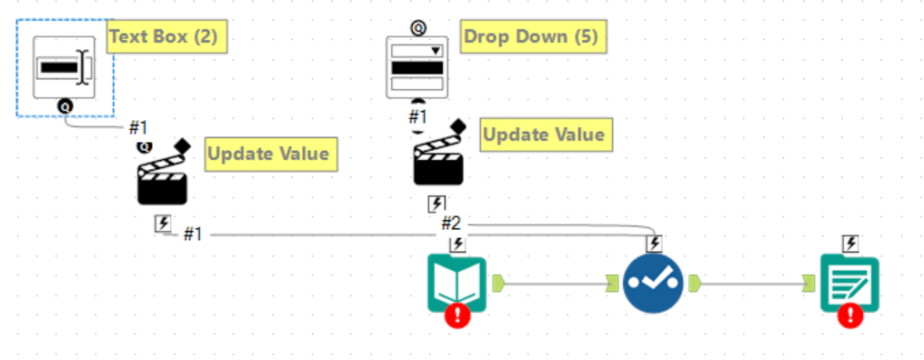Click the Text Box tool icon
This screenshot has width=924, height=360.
64,67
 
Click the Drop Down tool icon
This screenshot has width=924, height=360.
417,67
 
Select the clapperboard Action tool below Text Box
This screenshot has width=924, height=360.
163,178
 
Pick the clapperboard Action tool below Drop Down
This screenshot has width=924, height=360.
439,160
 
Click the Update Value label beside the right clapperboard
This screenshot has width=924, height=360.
543,135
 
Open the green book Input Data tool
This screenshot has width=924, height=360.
457,283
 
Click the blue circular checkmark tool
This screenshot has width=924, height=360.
653,284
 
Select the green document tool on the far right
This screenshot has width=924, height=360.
849,283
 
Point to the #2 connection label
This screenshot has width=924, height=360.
451,223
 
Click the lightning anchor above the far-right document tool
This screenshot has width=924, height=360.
850,243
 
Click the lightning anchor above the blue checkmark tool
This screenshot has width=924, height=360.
653,243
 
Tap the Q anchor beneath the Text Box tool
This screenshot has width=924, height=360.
65,107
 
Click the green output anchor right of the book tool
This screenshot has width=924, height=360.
498,283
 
